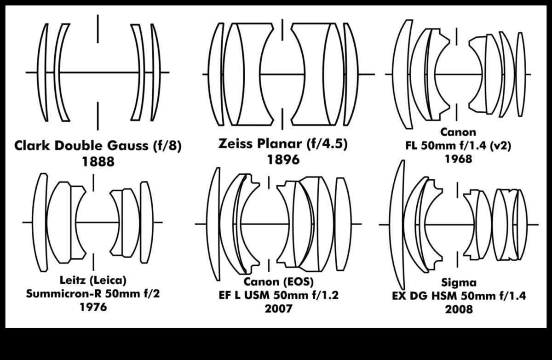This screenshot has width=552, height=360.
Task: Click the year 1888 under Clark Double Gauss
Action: (98, 162)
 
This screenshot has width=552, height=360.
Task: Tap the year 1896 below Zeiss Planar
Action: (283, 160)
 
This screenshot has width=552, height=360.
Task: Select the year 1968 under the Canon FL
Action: (458, 159)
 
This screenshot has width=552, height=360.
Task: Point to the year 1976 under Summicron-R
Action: (93, 307)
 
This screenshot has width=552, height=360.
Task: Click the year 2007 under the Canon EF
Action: (278, 309)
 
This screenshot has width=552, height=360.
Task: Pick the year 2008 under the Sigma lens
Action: (459, 309)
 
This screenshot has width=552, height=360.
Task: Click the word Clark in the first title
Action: (32, 145)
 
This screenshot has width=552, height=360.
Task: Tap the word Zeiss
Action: (236, 143)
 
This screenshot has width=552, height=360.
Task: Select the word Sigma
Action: (459, 282)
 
